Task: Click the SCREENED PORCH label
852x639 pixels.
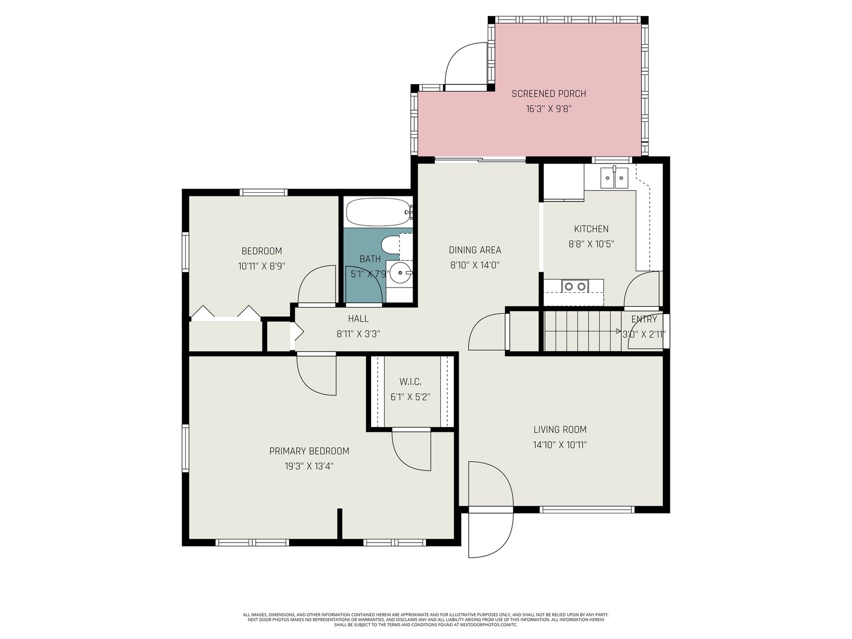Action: [548, 94]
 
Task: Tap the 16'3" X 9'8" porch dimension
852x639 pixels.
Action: [548, 109]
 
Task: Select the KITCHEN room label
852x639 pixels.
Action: [591, 229]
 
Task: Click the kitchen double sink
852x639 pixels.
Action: [614, 178]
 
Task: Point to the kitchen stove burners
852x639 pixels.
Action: [575, 286]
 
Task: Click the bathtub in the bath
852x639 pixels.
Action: [378, 212]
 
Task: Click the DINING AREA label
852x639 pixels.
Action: [474, 250]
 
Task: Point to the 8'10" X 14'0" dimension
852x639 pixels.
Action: [474, 265]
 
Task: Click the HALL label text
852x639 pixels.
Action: [358, 318]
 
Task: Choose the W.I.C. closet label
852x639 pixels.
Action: [410, 382]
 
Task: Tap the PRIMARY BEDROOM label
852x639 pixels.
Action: [309, 451]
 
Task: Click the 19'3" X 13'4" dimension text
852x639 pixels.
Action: [309, 466]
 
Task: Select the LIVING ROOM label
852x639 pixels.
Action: [560, 430]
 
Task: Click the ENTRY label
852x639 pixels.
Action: [644, 319]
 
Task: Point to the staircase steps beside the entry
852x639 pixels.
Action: [582, 331]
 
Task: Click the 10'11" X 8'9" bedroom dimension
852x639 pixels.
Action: [261, 266]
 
